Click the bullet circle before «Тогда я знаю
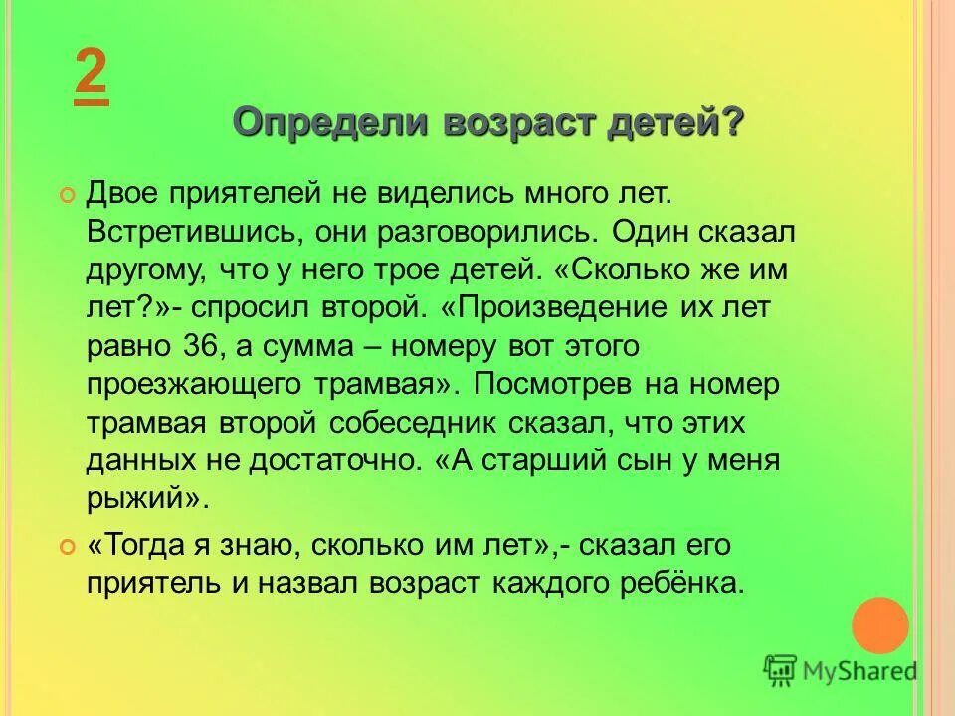(x=68, y=547)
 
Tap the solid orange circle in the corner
(x=879, y=626)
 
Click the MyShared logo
(x=841, y=672)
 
